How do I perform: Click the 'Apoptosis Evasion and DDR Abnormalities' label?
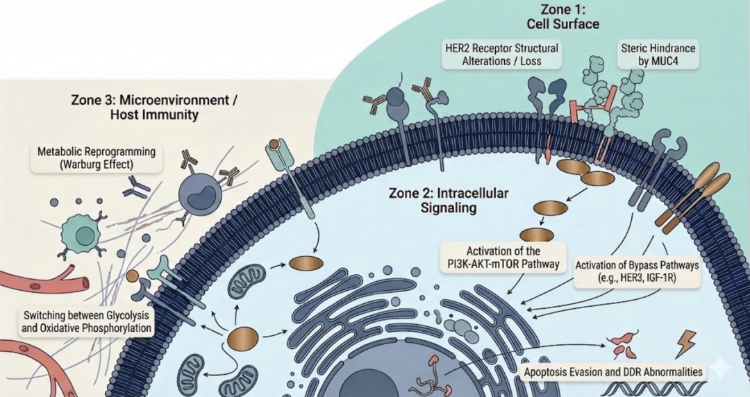click(613, 372)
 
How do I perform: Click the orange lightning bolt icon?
click(687, 341)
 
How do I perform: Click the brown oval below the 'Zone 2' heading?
click(306, 263)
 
